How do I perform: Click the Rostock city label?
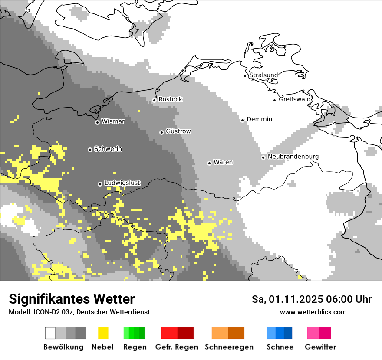click(170, 99)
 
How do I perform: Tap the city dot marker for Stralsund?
click(245, 76)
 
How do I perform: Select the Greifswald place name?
click(295, 99)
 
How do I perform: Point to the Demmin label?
click(259, 119)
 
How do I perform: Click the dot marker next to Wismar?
click(97, 122)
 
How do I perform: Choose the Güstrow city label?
click(178, 131)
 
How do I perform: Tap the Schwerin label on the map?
click(108, 149)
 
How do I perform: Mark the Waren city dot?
click(209, 163)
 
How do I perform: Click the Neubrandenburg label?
click(293, 157)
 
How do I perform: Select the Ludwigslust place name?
click(122, 183)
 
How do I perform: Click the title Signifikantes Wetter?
click(72, 299)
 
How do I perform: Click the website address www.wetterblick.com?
click(313, 312)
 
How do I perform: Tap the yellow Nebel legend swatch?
click(103, 333)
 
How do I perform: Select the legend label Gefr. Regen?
click(177, 347)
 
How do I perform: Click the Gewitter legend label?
click(320, 347)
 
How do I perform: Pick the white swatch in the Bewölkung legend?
click(50, 333)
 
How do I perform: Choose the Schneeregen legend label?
click(229, 347)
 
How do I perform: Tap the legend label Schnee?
click(280, 347)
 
